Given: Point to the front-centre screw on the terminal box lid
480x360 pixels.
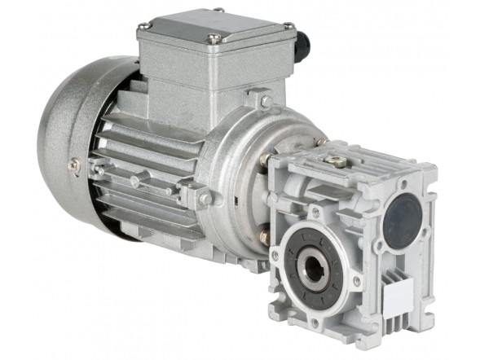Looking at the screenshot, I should (214, 39).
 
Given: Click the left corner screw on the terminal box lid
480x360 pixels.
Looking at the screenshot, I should (145, 27).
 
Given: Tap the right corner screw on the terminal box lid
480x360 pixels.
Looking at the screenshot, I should (287, 26).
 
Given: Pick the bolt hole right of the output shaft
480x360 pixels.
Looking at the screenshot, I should (357, 281).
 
